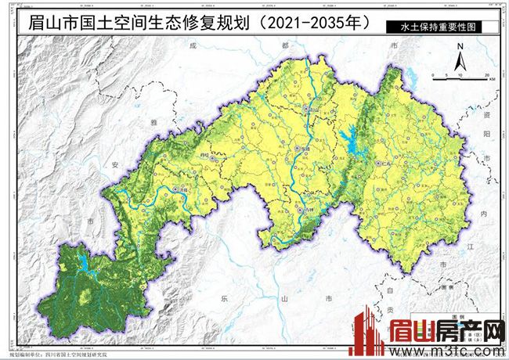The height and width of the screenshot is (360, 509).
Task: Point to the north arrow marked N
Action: (x=461, y=55)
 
